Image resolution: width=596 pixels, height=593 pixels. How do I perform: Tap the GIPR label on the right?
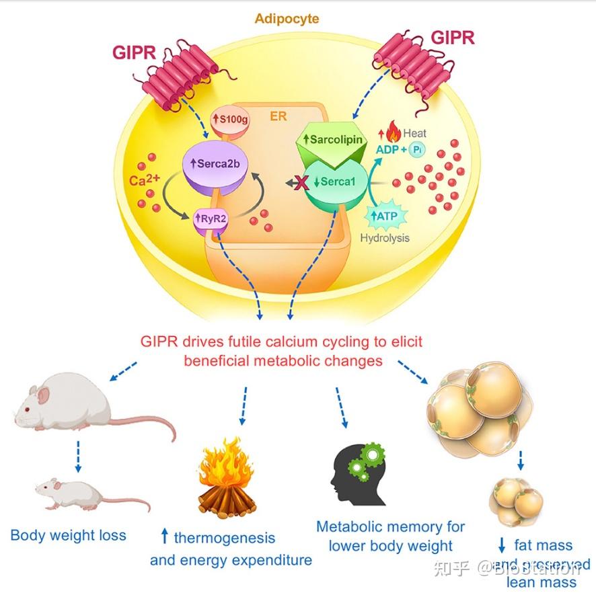coord(452,37)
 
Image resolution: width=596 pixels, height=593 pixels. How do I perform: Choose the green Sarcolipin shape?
coord(333,140)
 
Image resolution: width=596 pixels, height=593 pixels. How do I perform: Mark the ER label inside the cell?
coord(278,116)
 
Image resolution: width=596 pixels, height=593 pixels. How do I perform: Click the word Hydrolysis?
coord(385,238)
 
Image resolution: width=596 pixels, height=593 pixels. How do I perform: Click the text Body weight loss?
coord(69,536)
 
